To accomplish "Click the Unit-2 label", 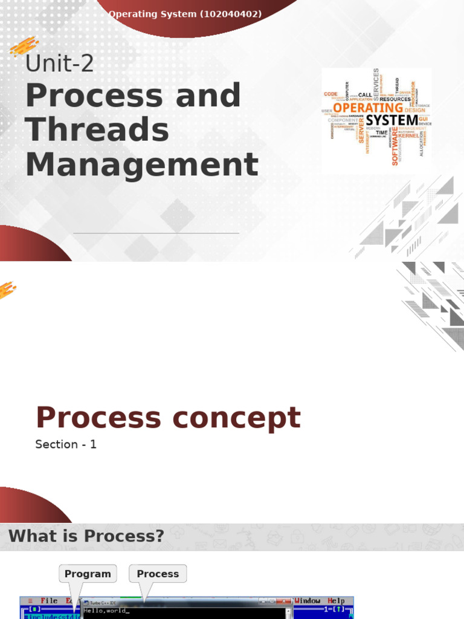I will click(x=59, y=63).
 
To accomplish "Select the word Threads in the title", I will click(x=97, y=130).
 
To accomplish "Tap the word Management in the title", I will click(x=142, y=164).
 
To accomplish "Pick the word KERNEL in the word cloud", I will click(x=408, y=136).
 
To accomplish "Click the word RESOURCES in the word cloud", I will click(x=395, y=99).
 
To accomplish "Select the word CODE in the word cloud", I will click(x=330, y=94).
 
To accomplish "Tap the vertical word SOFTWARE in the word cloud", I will click(x=396, y=146).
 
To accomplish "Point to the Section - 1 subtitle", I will click(x=66, y=444).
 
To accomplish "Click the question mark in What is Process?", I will click(x=159, y=536).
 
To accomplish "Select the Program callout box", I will click(x=88, y=574).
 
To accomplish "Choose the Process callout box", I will click(x=158, y=574).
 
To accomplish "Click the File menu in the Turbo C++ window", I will click(x=49, y=601).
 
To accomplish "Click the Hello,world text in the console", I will click(x=107, y=611).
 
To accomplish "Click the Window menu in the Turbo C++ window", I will click(x=308, y=601).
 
